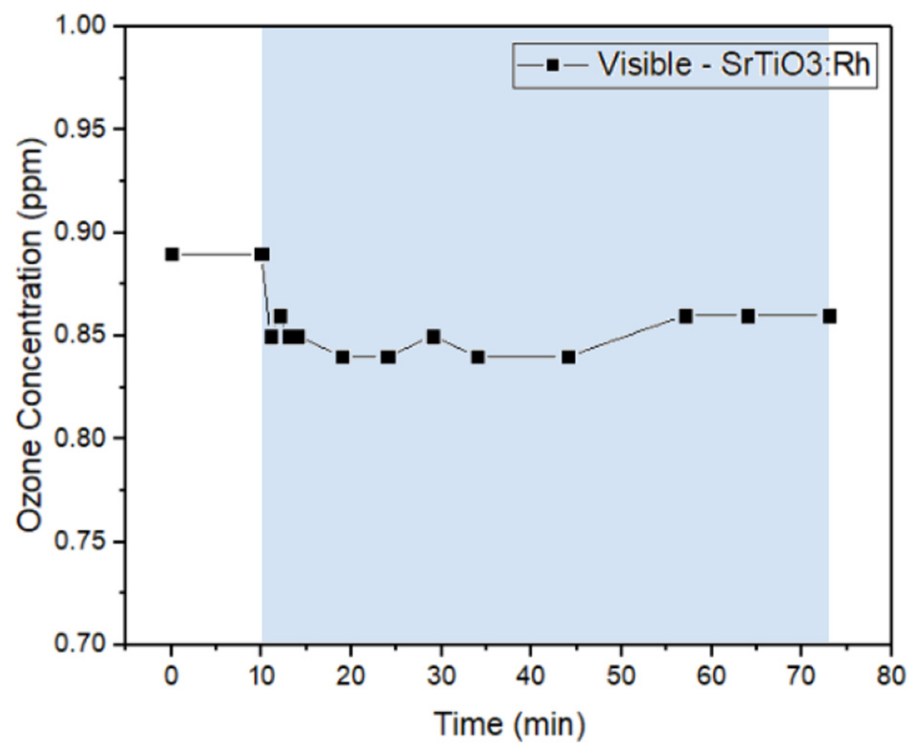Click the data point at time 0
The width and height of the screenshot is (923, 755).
(172, 255)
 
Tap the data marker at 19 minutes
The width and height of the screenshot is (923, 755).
(342, 357)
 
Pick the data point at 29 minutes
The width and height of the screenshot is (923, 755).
(433, 337)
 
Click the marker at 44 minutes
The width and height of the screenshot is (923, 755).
(568, 357)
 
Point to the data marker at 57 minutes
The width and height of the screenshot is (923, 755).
(685, 316)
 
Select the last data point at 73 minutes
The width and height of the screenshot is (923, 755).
(829, 316)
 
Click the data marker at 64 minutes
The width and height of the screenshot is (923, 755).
(748, 316)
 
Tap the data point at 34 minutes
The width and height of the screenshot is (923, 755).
(478, 357)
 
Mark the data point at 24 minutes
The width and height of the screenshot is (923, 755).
(388, 357)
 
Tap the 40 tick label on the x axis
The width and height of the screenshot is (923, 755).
(531, 676)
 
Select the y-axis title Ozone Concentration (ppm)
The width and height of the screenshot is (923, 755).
(30, 335)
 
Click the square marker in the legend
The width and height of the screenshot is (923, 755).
(552, 65)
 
